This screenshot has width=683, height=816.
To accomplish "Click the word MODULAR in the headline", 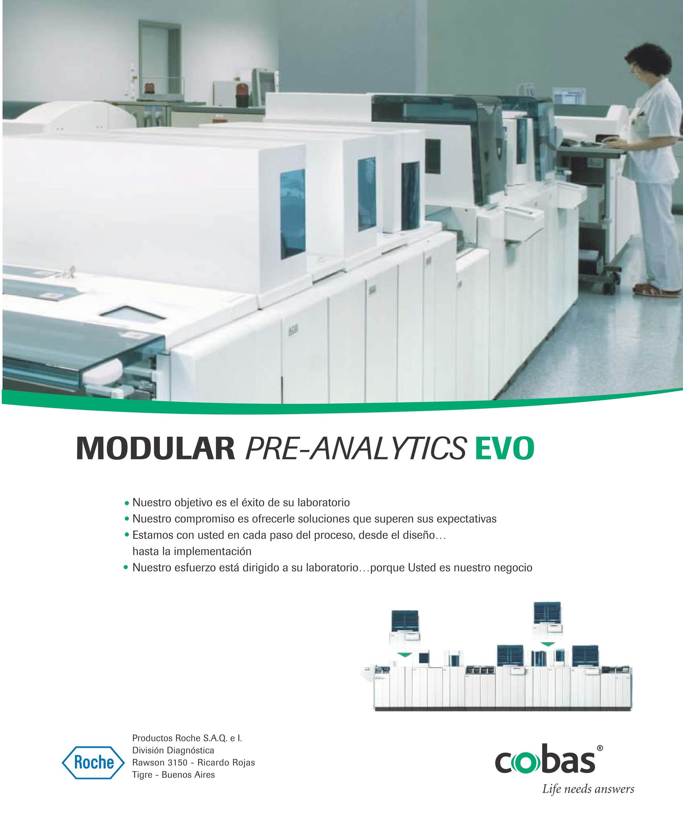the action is [155, 449].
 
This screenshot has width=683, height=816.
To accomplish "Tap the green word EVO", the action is [504, 449].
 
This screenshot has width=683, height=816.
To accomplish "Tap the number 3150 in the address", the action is [177, 763].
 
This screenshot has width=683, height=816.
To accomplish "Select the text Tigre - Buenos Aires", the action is [174, 775].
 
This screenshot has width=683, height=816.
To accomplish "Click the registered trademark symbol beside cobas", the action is [600, 748].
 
